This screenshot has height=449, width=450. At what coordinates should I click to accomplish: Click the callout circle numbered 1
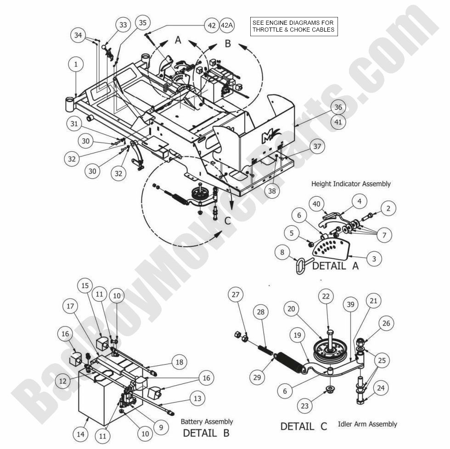[77, 65]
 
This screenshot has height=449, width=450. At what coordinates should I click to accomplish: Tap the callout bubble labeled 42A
[227, 25]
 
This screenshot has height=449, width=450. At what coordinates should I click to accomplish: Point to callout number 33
[123, 25]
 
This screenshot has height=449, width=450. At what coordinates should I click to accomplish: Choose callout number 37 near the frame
[316, 147]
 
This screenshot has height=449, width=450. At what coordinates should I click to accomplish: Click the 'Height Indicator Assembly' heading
[351, 183]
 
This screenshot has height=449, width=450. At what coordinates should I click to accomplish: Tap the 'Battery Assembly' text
[206, 421]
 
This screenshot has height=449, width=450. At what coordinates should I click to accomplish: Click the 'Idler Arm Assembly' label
[367, 424]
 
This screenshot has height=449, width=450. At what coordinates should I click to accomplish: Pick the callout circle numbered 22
[326, 297]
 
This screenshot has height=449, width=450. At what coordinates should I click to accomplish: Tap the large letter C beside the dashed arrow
[227, 221]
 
